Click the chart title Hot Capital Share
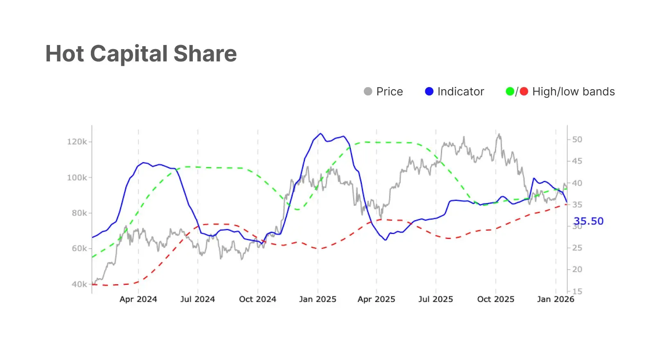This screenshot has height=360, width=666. coord(141,54)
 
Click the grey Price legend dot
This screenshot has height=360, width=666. coord(368,92)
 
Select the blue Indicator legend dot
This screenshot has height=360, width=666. coord(429,92)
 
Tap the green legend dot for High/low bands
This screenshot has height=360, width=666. coord(510,92)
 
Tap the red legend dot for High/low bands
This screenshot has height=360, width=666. coord(524,92)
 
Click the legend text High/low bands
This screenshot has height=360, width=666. coord(573,92)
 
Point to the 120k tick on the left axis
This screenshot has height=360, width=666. coord(77,142)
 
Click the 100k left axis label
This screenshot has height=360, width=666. coord(77,178)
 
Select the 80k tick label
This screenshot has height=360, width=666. coord(79,213)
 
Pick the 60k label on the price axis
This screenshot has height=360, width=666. coord(79,249)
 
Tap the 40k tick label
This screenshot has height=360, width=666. coord(79,284)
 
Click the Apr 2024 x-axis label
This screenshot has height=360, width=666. coord(138,299)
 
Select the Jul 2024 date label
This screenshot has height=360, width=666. coord(198,299)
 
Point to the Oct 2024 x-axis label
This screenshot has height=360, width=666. coord(257,299)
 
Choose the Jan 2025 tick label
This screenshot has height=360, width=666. coord(318,299)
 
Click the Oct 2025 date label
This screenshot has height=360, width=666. coord(496,299)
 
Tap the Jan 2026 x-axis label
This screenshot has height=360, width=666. coord(555,299)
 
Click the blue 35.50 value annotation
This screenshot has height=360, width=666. coord(589,221)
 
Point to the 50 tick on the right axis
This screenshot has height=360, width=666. coord(577,139)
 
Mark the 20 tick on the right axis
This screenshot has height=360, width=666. coord(577,270)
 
